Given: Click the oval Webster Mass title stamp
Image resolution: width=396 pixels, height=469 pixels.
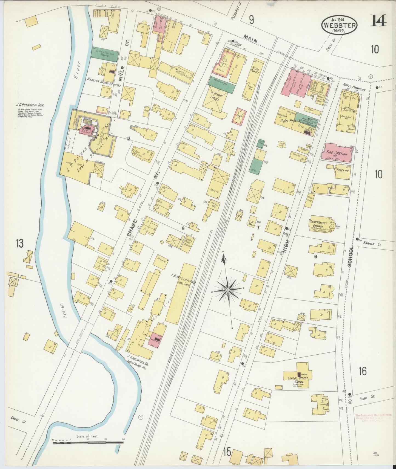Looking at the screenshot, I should click(339, 25).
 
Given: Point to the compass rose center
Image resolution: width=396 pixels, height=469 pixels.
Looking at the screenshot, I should click(227, 289).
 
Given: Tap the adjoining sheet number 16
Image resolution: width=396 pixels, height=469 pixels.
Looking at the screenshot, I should click(362, 371).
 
